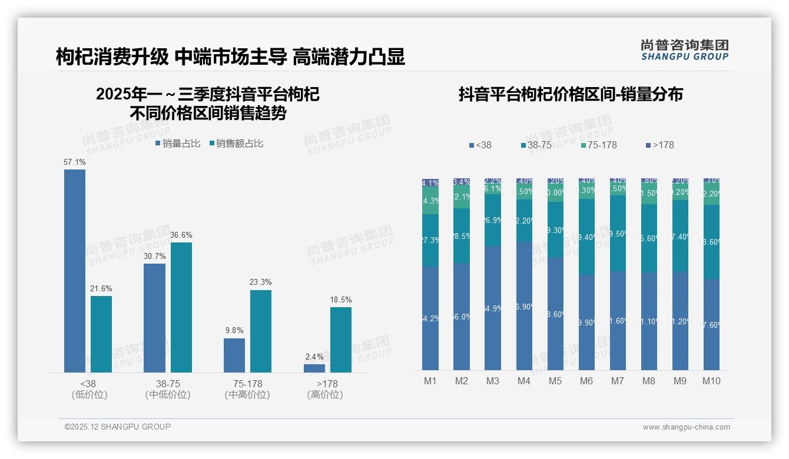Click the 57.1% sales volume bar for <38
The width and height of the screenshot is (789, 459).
pos(75,271)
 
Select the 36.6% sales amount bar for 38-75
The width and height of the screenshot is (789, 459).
pos(181,307)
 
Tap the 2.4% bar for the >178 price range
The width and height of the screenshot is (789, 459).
pos(314,368)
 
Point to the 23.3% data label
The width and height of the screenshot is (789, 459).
pos(261,282)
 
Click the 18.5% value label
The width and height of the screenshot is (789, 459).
pos(341,300)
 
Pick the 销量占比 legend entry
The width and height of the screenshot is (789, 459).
pos(178,144)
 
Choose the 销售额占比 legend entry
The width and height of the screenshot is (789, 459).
pos(237,144)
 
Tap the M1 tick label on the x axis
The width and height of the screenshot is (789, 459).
pos(430,381)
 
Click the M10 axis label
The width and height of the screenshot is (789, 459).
pos(711,381)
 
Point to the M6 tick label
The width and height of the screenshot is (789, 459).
pos(586,381)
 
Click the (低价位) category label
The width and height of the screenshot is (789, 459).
pos(89,395)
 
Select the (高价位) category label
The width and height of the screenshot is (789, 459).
pos(325,395)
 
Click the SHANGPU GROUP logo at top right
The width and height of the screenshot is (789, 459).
pos(685,50)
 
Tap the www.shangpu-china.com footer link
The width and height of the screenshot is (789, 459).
pos(686,427)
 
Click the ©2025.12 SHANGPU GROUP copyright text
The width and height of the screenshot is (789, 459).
pos(118,427)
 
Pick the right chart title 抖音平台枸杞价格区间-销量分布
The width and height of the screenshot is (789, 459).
pos(571,95)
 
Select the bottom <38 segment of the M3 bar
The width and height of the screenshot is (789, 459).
pos(493,308)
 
